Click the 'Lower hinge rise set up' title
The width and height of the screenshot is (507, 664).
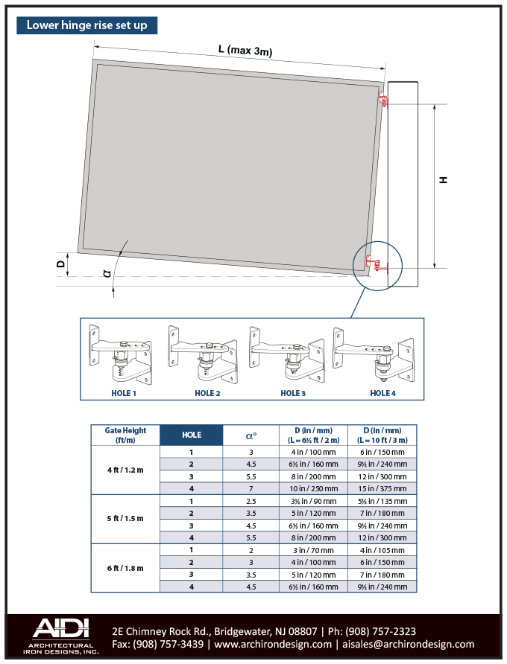click(x=87, y=25)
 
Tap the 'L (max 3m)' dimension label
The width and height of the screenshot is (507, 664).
click(x=245, y=50)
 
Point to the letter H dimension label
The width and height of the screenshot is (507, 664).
click(x=444, y=180)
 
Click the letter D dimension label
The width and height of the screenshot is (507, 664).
click(x=61, y=264)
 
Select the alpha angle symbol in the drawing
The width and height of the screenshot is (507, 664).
click(x=107, y=273)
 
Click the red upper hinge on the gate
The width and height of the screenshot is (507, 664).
click(x=383, y=100)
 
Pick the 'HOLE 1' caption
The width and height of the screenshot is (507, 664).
click(x=124, y=393)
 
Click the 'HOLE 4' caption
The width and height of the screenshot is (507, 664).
click(x=382, y=393)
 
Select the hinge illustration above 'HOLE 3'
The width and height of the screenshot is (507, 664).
click(x=287, y=355)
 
